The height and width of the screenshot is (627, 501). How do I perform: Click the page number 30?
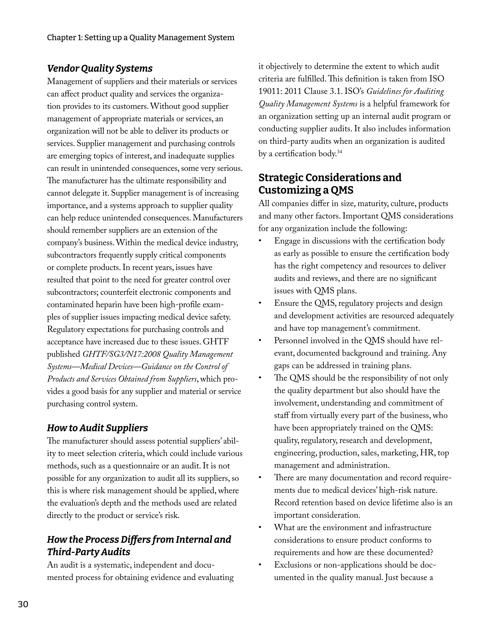pyautogui.click(x=23, y=604)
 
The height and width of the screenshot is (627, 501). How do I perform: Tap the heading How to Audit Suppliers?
pyautogui.click(x=97, y=428)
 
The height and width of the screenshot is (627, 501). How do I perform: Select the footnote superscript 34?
pyautogui.click(x=339, y=152)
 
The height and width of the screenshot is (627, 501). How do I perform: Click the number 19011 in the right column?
pyautogui.click(x=270, y=92)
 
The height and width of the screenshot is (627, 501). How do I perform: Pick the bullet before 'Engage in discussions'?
pyautogui.click(x=260, y=241)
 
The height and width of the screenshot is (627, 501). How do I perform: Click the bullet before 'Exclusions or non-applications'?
pyautogui.click(x=260, y=565)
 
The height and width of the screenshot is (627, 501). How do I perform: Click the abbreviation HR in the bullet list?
pyautogui.click(x=427, y=453)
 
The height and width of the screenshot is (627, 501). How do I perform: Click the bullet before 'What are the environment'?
pyautogui.click(x=260, y=527)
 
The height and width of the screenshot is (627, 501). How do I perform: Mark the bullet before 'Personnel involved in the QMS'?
pyautogui.click(x=260, y=341)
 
